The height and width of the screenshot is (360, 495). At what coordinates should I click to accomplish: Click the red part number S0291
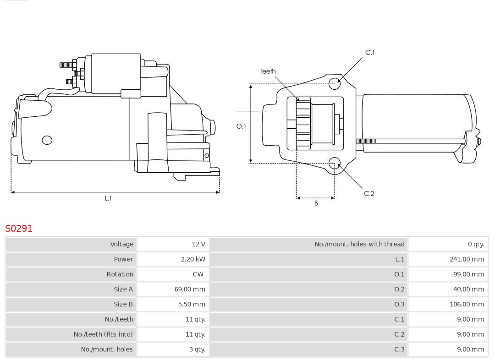(x=19, y=228)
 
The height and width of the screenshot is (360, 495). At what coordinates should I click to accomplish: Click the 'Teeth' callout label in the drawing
(x=268, y=71)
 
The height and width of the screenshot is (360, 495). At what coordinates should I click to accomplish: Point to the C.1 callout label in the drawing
(x=370, y=53)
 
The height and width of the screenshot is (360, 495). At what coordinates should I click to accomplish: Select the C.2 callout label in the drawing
(x=369, y=194)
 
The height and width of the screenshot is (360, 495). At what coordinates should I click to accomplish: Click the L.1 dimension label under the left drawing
(x=108, y=198)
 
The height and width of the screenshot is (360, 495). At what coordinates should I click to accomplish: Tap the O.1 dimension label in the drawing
(x=241, y=126)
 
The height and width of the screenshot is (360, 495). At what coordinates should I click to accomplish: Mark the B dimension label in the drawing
(x=316, y=203)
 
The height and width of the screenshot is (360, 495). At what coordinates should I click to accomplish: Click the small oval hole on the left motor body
(x=47, y=140)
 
